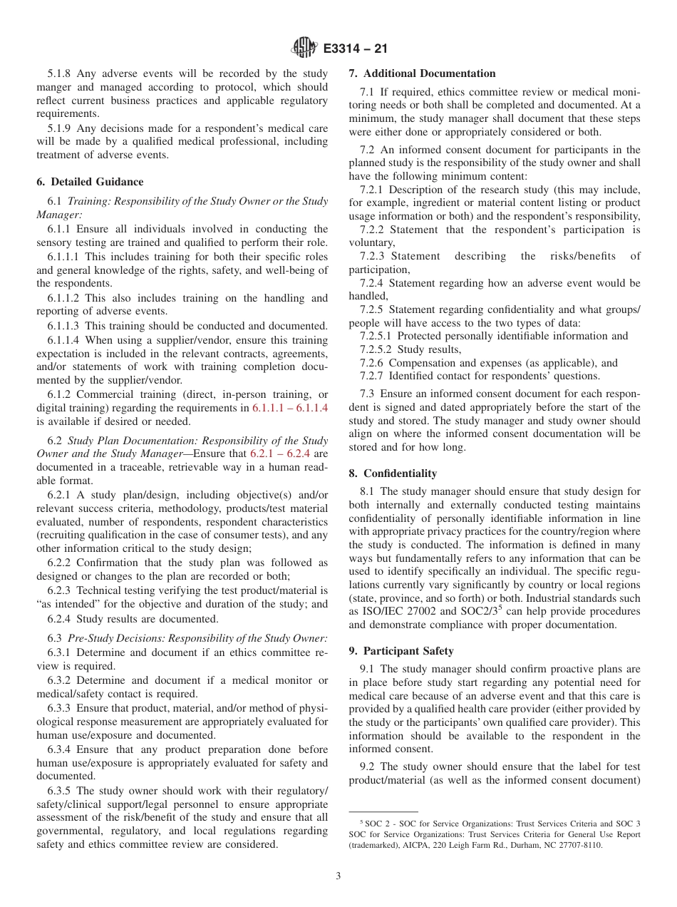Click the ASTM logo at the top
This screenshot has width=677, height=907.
click(305, 48)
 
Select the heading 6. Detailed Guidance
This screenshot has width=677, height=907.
click(90, 182)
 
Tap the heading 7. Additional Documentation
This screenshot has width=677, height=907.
click(422, 73)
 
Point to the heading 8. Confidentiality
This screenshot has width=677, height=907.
click(393, 473)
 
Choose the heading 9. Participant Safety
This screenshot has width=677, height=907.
click(401, 651)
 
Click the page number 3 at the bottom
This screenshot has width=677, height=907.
click(338, 876)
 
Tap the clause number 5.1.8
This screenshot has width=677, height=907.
click(61, 73)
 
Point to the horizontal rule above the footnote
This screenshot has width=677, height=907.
click(383, 811)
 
